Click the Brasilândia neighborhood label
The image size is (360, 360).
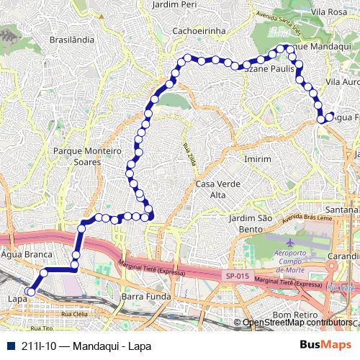pyautogui.click(x=72, y=40)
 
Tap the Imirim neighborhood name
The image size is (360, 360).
pyautogui.click(x=258, y=158)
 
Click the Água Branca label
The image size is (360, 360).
pyautogui.click(x=27, y=255)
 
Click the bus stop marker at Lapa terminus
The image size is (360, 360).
pyautogui.click(x=30, y=292)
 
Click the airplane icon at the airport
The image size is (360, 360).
pyautogui.click(x=289, y=243)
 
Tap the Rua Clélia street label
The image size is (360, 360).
pyautogui.click(x=74, y=315)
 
